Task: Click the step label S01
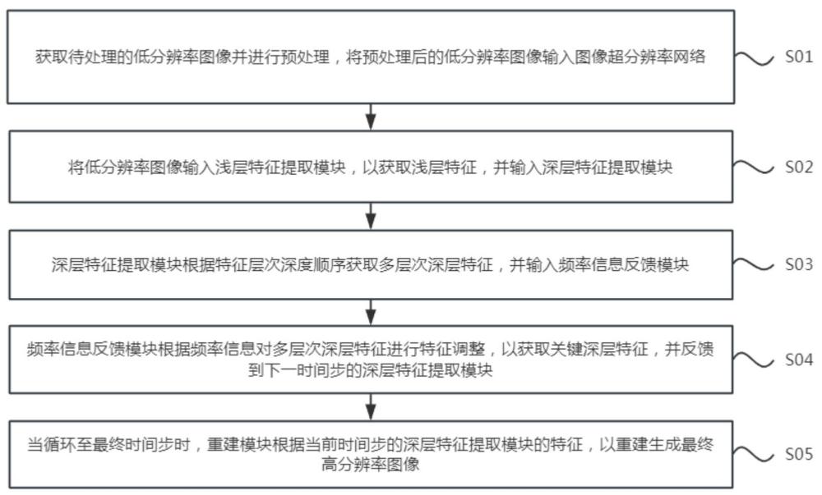click(x=798, y=57)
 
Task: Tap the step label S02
click(x=798, y=167)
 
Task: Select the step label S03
click(x=798, y=264)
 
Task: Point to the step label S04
click(x=798, y=360)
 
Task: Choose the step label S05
click(x=798, y=454)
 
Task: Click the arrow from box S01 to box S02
click(x=371, y=117)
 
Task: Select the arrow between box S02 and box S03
click(x=371, y=216)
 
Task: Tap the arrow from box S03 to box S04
click(x=371, y=313)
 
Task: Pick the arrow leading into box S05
click(x=371, y=407)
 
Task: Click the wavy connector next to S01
click(x=754, y=58)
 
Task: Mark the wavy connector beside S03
click(x=753, y=265)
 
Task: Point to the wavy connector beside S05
click(x=753, y=455)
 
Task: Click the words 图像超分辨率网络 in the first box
click(x=640, y=57)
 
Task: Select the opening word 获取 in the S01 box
click(x=51, y=57)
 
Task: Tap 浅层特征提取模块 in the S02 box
click(x=280, y=167)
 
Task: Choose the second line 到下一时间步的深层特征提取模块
click(x=371, y=370)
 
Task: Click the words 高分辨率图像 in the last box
click(x=371, y=465)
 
